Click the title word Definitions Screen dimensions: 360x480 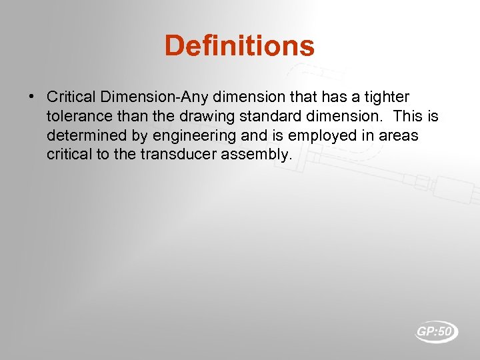(239, 46)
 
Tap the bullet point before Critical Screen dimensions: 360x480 (32, 97)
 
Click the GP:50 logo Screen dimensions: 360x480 (437, 331)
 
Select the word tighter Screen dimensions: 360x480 (385, 97)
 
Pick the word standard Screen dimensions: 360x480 (257, 117)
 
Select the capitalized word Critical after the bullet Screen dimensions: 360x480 (69, 97)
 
